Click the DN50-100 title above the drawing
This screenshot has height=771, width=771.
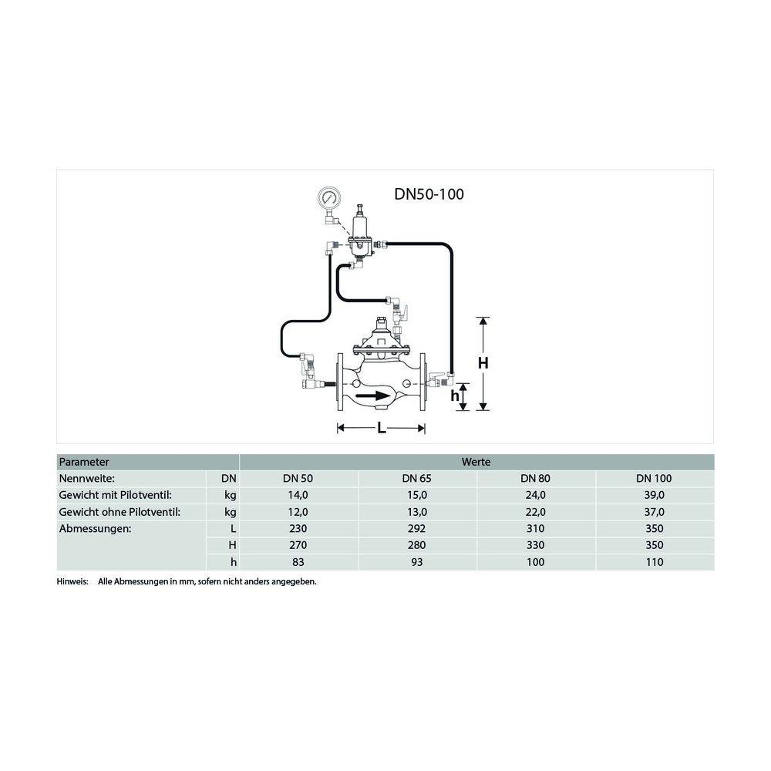point(429,195)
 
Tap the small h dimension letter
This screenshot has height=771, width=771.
point(455,396)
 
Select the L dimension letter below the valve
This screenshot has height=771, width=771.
point(382,429)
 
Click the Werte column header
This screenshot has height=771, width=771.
point(476,462)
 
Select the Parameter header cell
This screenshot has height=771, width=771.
point(84,462)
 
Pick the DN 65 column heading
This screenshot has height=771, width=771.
point(416,479)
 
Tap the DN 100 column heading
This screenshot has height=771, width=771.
point(655,479)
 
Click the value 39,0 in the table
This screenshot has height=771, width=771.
point(655,495)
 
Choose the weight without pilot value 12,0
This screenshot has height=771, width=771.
point(298,512)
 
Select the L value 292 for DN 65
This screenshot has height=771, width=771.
point(416,529)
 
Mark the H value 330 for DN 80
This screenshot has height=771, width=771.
point(535,545)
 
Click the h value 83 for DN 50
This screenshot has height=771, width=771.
point(298,562)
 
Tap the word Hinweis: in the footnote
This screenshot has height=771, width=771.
point(72,581)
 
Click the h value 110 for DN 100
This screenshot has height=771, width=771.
point(655,562)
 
